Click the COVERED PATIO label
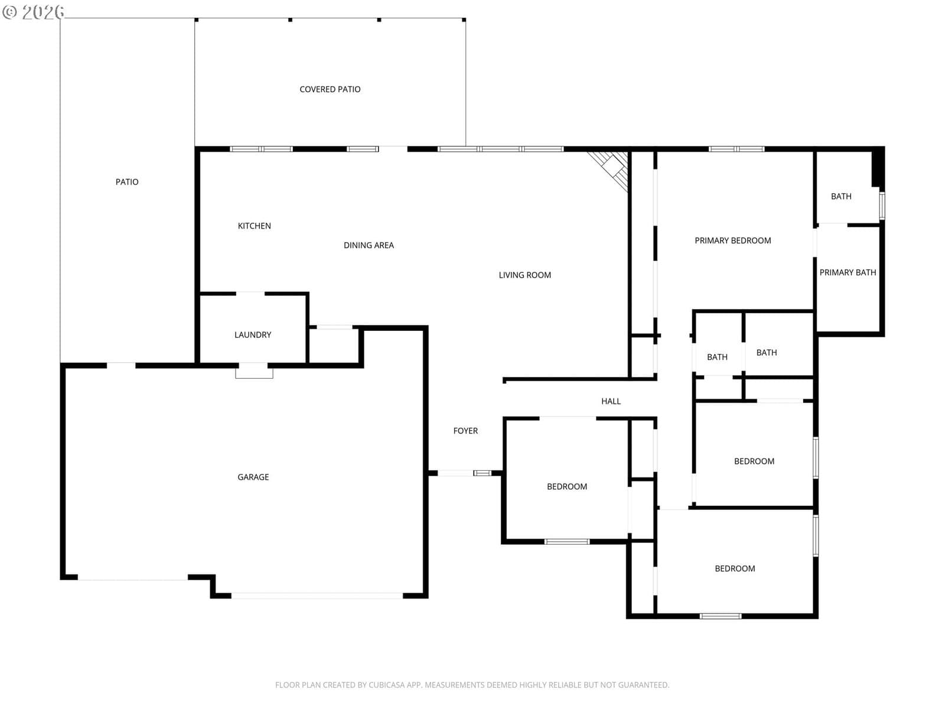coord(330,90)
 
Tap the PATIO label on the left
coord(127,182)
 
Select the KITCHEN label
coord(255,226)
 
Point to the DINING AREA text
coord(369,245)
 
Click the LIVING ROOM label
coord(525,275)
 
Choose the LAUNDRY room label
coord(253,335)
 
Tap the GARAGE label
coord(253,477)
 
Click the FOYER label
coord(465,431)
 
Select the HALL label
coord(611,401)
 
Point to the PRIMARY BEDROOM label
coord(733,240)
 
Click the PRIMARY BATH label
coord(848,272)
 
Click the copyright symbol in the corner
coord(9,12)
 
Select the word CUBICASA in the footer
coord(385,685)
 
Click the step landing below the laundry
coord(254,371)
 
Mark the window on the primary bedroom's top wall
coord(736,149)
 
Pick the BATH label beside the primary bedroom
coord(841,197)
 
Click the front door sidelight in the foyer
coord(482,473)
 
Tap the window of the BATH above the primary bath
coord(882,206)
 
